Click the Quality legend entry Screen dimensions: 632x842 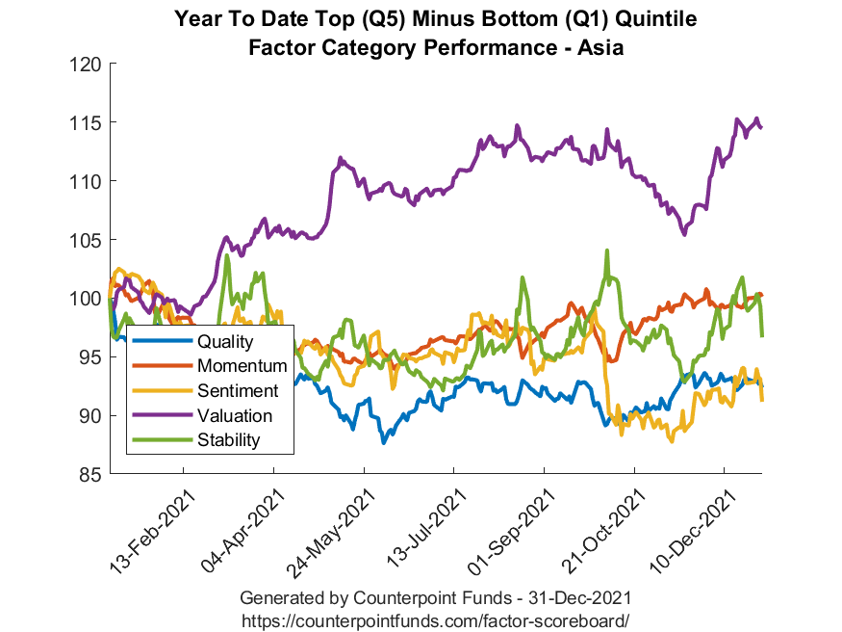click(224, 342)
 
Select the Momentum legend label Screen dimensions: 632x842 click(242, 366)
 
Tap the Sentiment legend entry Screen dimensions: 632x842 click(237, 390)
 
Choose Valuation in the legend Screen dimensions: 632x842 click(235, 415)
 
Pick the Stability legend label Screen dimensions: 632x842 click(228, 440)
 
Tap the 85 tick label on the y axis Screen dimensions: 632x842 click(90, 474)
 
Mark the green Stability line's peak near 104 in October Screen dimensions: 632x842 click(606, 250)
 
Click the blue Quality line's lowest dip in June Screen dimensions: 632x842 click(383, 442)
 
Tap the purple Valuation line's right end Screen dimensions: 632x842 click(761, 127)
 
